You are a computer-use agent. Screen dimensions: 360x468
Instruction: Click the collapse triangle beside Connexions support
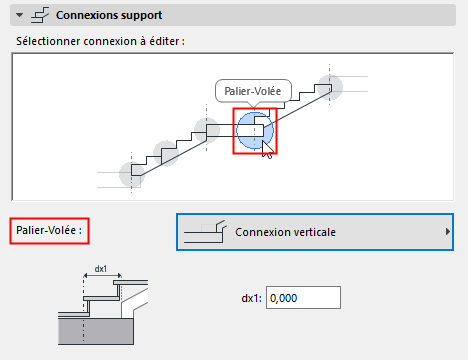tap(20, 16)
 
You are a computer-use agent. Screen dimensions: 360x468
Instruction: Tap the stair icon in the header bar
tap(40, 16)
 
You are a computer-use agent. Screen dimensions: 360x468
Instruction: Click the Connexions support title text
tap(109, 16)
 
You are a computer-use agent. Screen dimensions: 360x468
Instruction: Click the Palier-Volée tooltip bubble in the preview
tap(253, 91)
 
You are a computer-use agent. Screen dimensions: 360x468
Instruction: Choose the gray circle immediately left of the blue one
tap(207, 130)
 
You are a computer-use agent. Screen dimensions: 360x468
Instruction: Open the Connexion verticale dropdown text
tap(286, 232)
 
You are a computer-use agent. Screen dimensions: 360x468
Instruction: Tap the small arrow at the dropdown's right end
tap(446, 232)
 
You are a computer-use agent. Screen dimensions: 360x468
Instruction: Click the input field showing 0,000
tap(305, 297)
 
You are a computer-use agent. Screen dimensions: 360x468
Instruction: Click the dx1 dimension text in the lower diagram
tap(99, 268)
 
